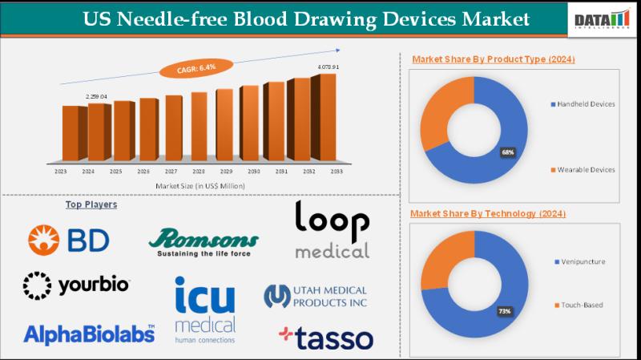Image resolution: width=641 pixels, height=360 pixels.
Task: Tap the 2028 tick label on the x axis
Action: (x=198, y=172)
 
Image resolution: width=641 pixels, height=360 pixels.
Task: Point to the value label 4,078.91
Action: (x=328, y=67)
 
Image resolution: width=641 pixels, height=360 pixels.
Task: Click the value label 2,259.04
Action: (x=96, y=96)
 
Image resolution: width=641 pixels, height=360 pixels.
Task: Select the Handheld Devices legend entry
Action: (x=586, y=104)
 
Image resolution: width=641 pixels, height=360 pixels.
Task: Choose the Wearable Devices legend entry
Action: (x=586, y=169)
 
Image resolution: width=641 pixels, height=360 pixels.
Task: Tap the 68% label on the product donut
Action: (x=508, y=152)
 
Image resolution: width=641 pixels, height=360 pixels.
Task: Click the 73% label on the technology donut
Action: (x=504, y=309)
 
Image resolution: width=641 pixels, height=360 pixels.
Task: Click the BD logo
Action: (x=69, y=239)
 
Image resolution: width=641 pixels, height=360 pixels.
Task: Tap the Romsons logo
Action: (x=204, y=241)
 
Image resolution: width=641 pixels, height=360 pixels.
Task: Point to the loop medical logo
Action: (x=332, y=230)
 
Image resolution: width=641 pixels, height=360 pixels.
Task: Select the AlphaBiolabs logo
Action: (x=89, y=334)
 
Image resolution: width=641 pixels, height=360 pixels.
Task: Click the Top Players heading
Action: (x=91, y=204)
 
